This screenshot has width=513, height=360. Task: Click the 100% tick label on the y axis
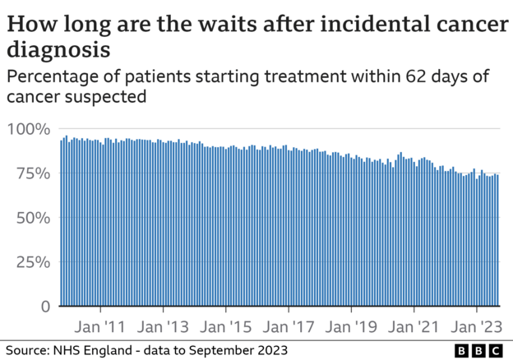coord(30,129)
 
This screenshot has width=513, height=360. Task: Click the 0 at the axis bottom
coord(46,307)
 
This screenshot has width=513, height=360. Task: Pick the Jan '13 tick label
coord(163,325)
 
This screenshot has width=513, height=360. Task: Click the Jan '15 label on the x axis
coord(226,325)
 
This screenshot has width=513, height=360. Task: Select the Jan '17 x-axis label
coord(289,325)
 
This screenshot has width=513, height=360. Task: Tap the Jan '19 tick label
coord(352,325)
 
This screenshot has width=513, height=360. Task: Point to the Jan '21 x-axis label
coord(415,325)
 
